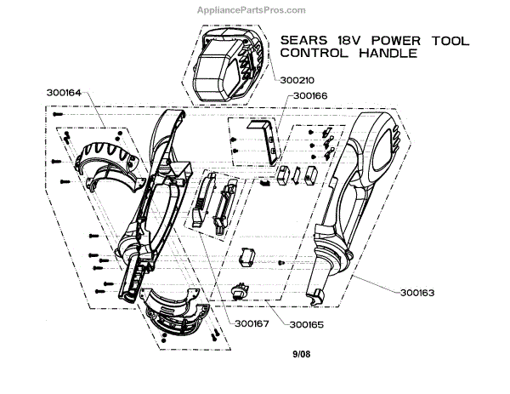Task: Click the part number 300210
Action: coord(298,80)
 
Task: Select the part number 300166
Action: coord(310,96)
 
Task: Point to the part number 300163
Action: coord(416,292)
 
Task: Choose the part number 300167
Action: coord(244,324)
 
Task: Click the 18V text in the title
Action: coord(349,37)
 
